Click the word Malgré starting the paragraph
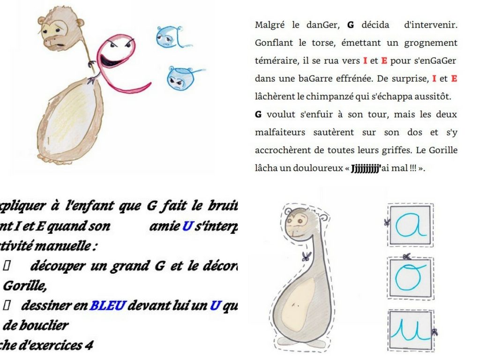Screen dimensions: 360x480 (x=268, y=25)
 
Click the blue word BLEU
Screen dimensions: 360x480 (x=107, y=306)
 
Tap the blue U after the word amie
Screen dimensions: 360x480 (x=187, y=226)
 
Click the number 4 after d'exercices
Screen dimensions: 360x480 (x=89, y=345)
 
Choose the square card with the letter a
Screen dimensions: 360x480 (x=410, y=225)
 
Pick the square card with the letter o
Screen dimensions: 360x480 (x=411, y=278)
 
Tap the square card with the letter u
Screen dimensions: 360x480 (x=411, y=330)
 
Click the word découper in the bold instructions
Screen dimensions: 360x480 (x=58, y=266)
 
